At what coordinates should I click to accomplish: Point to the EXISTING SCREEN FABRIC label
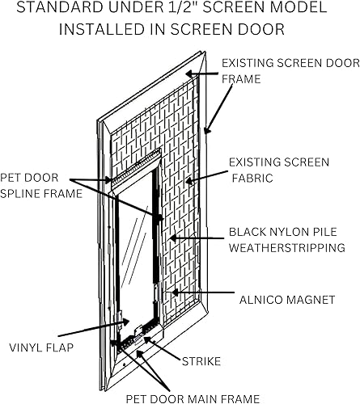(279, 170)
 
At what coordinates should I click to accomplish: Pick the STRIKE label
(200, 360)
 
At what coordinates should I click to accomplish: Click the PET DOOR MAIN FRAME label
(193, 398)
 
